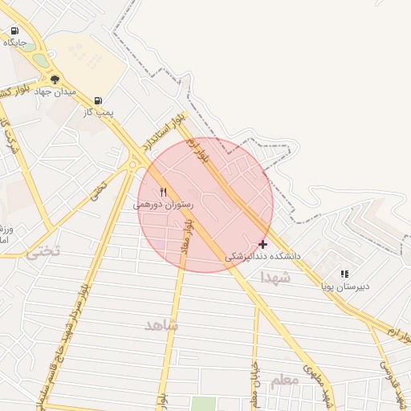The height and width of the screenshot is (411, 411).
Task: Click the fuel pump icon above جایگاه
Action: coord(14,31)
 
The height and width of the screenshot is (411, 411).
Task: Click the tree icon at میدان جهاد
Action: coord(55,79)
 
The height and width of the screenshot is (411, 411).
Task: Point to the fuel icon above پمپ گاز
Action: coord(98,101)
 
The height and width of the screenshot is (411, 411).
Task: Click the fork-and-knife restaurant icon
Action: coord(164,192)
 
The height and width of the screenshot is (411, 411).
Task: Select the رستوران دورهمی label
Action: coord(163,205)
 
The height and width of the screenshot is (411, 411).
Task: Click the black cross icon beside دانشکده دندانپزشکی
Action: coord(263,244)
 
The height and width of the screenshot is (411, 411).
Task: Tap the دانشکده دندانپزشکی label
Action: coord(262,256)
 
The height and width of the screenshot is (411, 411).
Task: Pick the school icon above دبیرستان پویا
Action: coord(344,274)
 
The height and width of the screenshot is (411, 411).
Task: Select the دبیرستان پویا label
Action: coord(345,286)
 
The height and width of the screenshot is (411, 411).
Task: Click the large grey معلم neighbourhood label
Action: coord(284,380)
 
